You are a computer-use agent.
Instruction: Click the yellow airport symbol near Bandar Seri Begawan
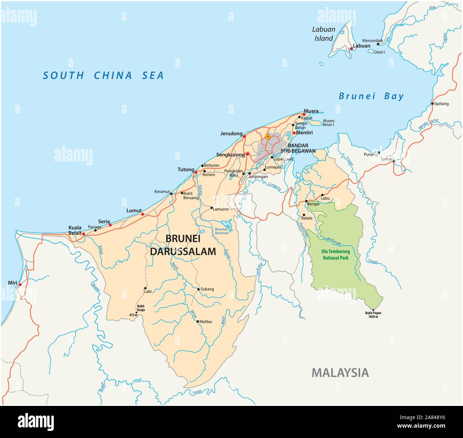click(268, 137)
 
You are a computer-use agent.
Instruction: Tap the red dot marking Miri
click(20, 284)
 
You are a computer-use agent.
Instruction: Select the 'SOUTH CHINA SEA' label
click(103, 76)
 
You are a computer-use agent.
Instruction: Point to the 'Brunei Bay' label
click(371, 96)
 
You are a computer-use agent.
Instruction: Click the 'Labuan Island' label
click(323, 34)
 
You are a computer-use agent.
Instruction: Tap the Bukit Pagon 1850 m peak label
click(373, 315)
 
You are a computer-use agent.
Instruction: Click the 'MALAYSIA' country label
click(340, 373)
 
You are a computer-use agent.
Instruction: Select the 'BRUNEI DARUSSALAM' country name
click(183, 245)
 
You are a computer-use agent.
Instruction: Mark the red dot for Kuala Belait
click(84, 234)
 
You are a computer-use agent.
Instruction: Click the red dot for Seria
click(110, 225)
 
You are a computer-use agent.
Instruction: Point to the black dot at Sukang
click(198, 289)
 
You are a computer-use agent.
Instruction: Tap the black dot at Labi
click(145, 288)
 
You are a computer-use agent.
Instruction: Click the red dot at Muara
click(304, 114)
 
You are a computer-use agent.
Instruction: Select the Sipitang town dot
click(432, 104)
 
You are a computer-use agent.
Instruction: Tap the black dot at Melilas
click(198, 321)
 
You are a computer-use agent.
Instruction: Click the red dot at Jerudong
click(244, 136)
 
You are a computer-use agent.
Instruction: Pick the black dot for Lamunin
click(212, 208)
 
